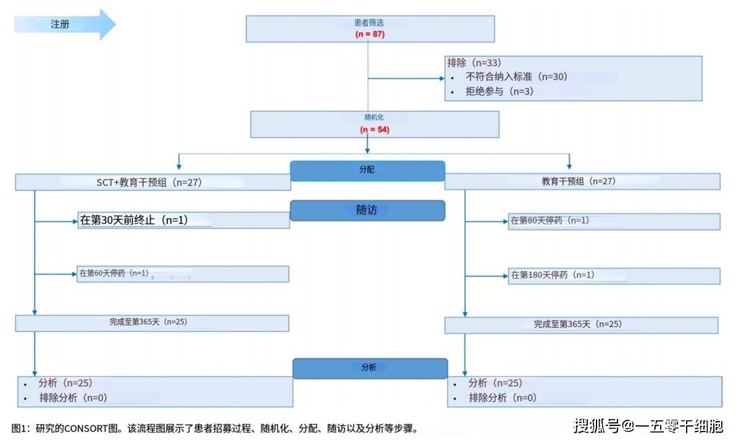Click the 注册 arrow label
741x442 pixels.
pyautogui.click(x=60, y=24)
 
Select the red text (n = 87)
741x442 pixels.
pyautogui.click(x=370, y=34)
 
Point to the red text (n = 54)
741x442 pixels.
pyautogui.click(x=374, y=129)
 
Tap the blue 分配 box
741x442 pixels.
pyautogui.click(x=367, y=171)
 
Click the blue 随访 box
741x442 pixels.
pyautogui.click(x=367, y=211)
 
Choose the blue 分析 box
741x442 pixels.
pyautogui.click(x=370, y=369)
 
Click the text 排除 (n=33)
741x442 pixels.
pyautogui.click(x=474, y=63)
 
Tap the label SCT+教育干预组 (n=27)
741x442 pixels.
pyautogui.click(x=149, y=183)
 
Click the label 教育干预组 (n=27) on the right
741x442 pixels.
pyautogui.click(x=579, y=181)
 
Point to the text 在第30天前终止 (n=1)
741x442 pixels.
pyautogui.click(x=134, y=220)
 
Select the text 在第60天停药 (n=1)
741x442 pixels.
pyautogui.click(x=114, y=273)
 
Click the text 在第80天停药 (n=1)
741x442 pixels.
pyautogui.click(x=550, y=220)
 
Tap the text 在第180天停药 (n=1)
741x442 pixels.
pyautogui.click(x=553, y=275)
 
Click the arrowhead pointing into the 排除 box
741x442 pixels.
pyautogui.click(x=442, y=78)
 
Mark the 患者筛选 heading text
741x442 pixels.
pyautogui.click(x=369, y=23)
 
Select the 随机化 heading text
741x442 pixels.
pyautogui.click(x=374, y=117)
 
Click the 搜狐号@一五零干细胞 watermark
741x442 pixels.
pyautogui.click(x=648, y=426)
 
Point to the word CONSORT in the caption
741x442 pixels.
pyautogui.click(x=86, y=429)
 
